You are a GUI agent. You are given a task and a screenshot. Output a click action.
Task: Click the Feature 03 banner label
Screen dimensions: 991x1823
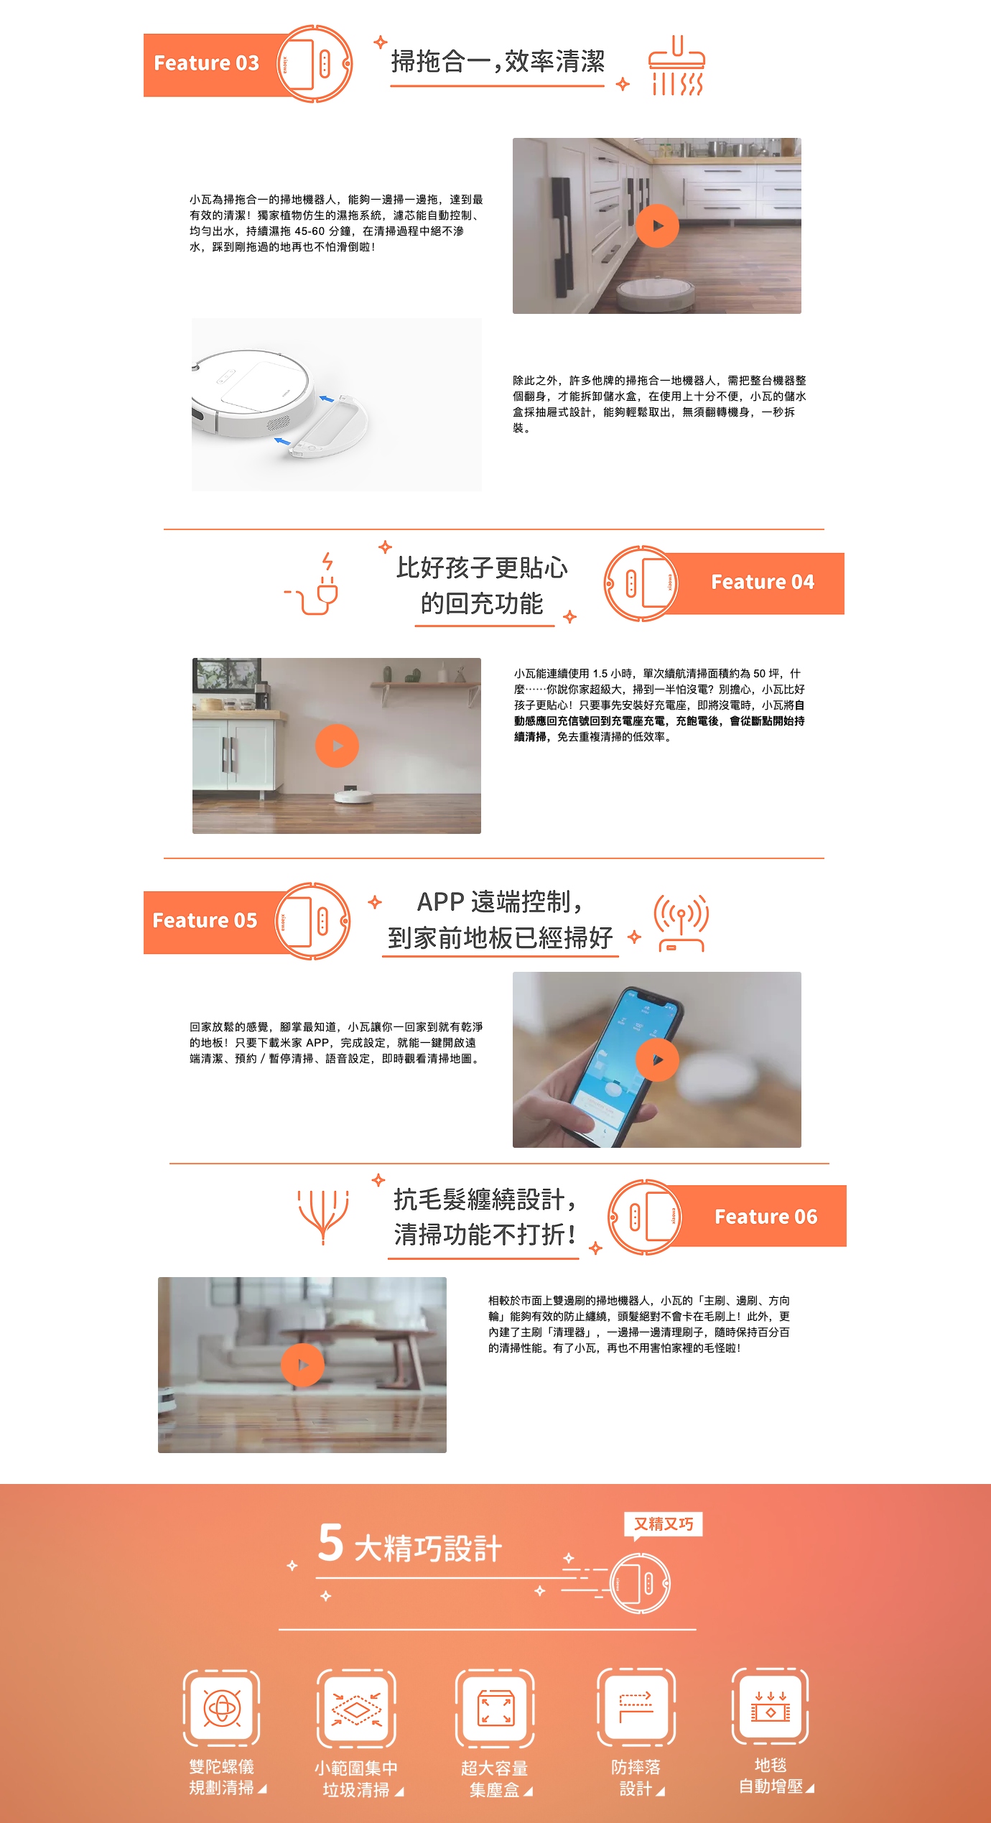[x=206, y=63]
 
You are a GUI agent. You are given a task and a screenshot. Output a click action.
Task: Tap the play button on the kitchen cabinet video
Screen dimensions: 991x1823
[x=657, y=226]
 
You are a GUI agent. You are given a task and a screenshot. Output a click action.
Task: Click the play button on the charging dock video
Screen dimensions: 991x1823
[x=337, y=746]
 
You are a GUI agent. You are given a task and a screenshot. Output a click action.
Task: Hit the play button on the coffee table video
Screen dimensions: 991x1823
[x=302, y=1365]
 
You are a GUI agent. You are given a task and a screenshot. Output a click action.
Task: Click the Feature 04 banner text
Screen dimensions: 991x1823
[x=763, y=582]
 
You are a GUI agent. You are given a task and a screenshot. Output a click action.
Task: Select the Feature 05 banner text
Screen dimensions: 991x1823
[x=205, y=921]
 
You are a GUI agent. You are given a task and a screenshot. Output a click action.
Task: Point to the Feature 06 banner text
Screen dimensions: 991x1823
[x=766, y=1217]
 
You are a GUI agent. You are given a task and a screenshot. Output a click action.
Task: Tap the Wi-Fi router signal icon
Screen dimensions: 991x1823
[x=681, y=923]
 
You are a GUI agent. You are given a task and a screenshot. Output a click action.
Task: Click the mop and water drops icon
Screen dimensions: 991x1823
[x=676, y=65]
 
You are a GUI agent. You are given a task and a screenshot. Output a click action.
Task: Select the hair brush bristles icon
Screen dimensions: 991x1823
[x=323, y=1217]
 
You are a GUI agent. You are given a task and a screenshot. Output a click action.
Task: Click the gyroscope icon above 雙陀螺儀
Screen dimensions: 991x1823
[x=222, y=1708]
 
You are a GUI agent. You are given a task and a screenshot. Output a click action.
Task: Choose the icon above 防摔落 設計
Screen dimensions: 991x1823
[x=636, y=1707]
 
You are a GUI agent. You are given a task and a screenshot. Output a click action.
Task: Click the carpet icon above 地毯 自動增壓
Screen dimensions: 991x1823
[x=771, y=1707]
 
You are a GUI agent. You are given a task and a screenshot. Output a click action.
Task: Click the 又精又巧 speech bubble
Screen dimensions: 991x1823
[x=664, y=1525]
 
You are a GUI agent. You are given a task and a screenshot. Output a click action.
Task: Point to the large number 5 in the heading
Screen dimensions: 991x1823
[x=331, y=1543]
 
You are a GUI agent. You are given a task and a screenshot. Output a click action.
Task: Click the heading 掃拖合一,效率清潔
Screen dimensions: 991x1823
[x=498, y=62]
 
